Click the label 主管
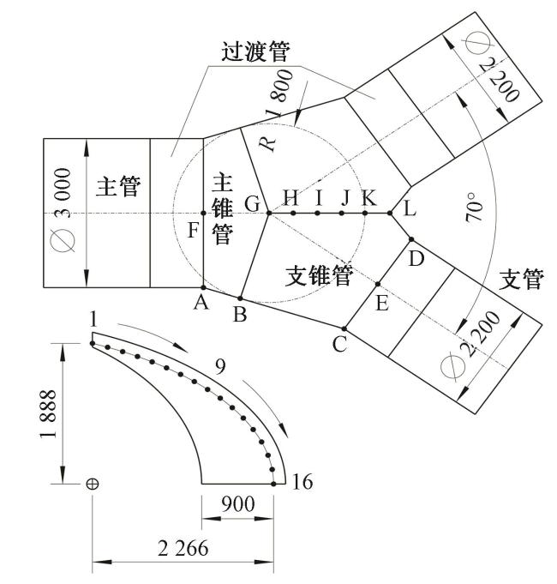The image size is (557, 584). click(118, 187)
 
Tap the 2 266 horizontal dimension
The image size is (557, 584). click(183, 550)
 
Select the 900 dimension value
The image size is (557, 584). click(237, 505)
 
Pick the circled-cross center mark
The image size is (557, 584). click(92, 485)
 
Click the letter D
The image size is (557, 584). click(416, 257)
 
